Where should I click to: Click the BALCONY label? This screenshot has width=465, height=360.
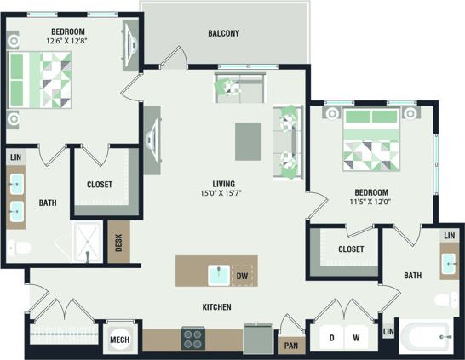(x=223, y=34)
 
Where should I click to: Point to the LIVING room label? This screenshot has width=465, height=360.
(x=224, y=184)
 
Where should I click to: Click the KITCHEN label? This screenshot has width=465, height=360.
(x=219, y=306)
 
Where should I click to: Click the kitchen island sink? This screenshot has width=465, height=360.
(x=220, y=275)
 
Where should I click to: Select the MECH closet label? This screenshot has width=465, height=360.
(x=120, y=341)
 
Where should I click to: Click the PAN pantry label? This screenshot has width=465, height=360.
(x=290, y=346)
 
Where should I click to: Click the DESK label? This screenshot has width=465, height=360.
(x=118, y=244)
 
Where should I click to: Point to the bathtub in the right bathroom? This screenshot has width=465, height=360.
(x=429, y=338)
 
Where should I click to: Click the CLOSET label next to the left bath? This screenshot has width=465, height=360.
(x=100, y=185)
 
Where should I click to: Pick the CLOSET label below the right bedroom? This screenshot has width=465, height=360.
(x=351, y=249)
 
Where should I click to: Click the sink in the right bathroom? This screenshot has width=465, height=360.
(x=448, y=264)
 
